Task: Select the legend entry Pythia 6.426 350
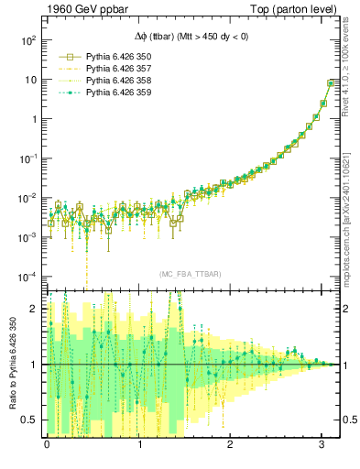click(119, 56)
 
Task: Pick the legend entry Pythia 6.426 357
click(119, 69)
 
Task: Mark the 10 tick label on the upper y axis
click(29, 80)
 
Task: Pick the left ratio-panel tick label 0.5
click(30, 420)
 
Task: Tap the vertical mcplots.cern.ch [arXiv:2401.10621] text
click(351, 210)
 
